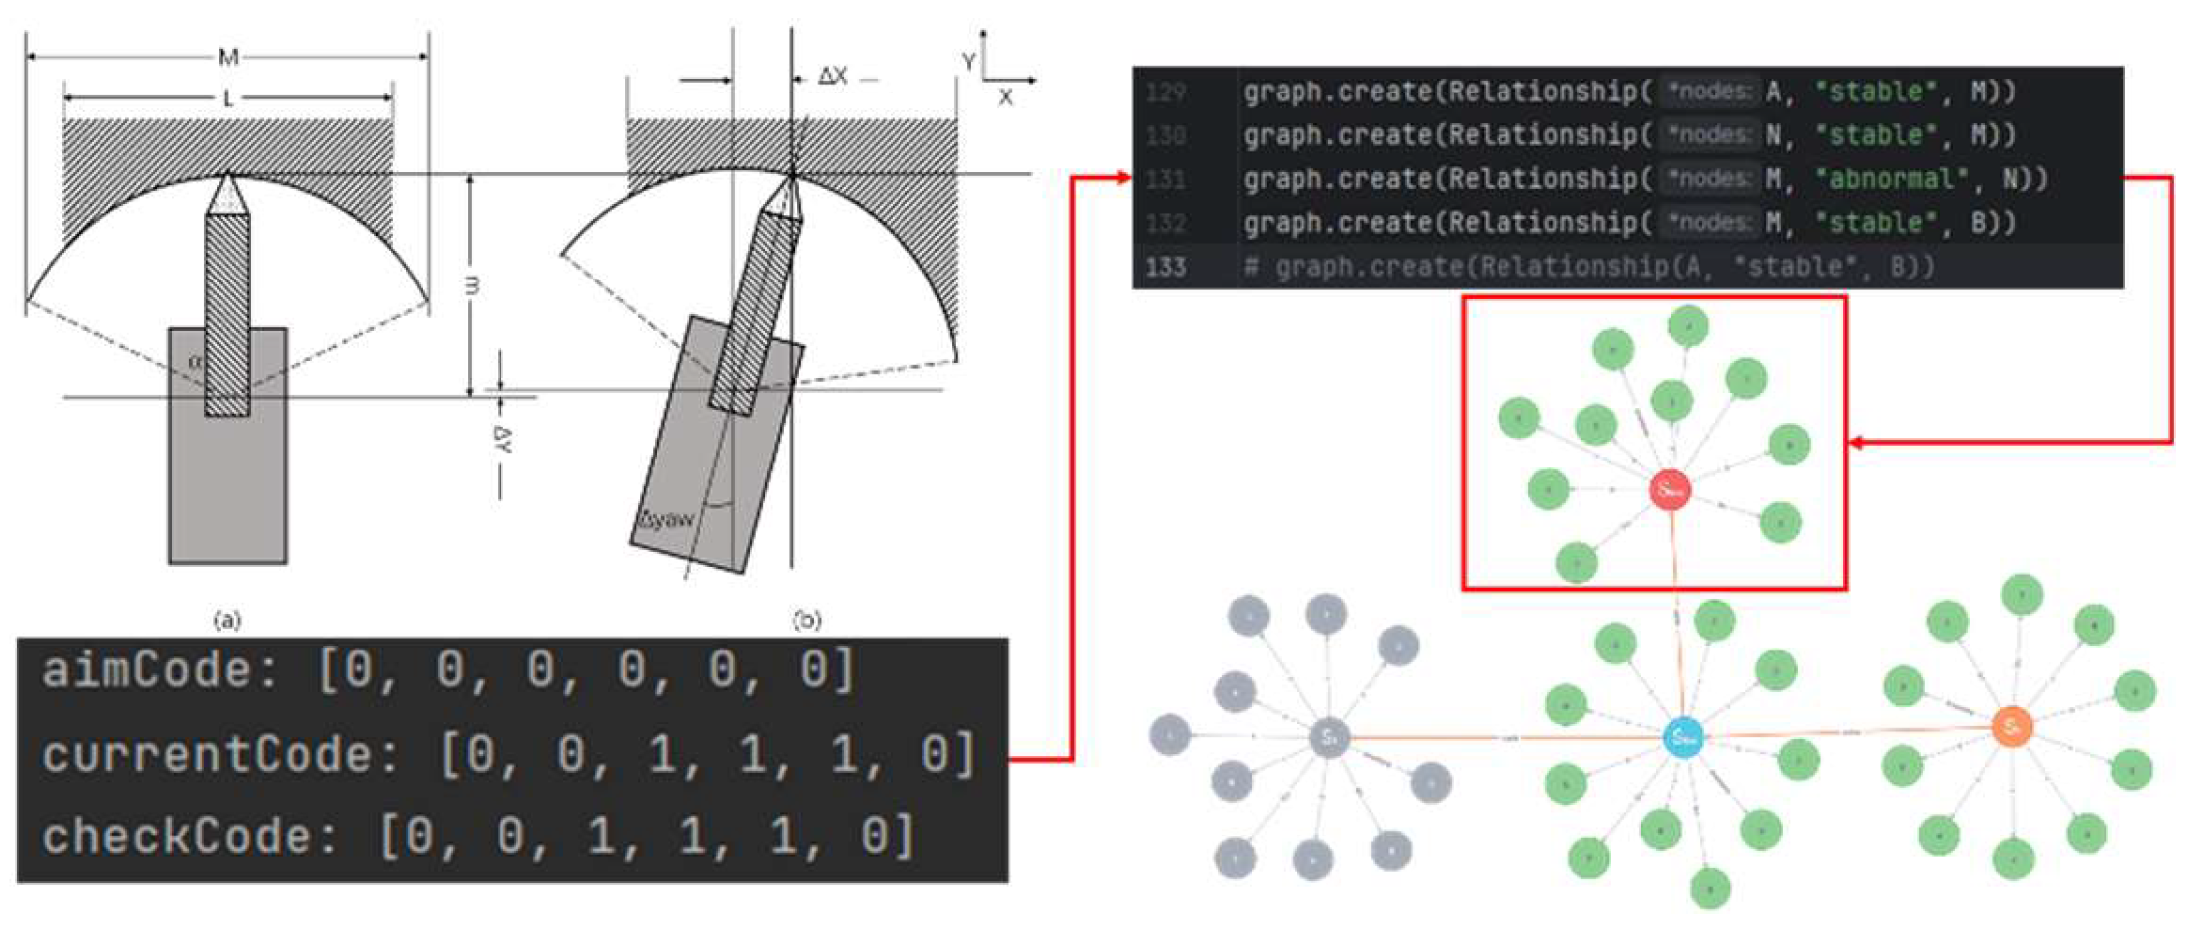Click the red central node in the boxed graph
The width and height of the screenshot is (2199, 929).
(1670, 489)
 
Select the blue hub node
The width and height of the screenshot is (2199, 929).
(1683, 738)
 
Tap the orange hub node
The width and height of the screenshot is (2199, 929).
(2011, 727)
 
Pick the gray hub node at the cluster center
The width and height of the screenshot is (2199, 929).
(1328, 737)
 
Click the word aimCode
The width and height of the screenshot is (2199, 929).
(145, 670)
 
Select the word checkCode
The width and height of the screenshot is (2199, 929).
(176, 836)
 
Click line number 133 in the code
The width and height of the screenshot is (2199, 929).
(1165, 267)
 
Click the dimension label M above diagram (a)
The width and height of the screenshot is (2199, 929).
(228, 57)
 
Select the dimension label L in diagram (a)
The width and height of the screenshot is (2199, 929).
(228, 98)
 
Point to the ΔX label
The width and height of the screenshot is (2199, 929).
(832, 77)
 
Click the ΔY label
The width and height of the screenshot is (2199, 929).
(502, 440)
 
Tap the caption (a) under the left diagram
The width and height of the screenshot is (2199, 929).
(227, 621)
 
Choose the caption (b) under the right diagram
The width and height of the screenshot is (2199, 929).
(806, 621)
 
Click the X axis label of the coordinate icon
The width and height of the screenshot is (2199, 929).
(1005, 97)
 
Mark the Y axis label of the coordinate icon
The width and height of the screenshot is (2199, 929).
(968, 62)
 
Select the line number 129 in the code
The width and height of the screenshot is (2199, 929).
(1165, 93)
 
